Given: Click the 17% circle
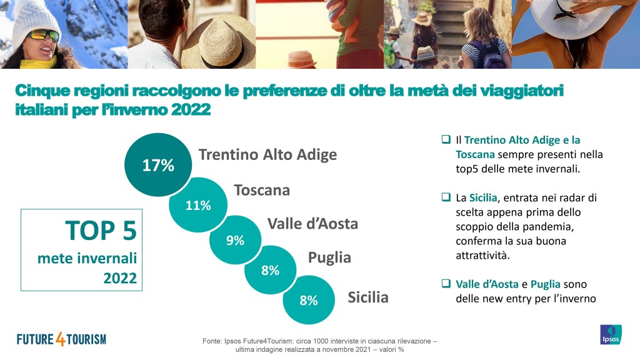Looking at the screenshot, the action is tap(158, 165).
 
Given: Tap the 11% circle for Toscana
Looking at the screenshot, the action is tap(198, 204).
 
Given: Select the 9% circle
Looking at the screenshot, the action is tap(235, 240).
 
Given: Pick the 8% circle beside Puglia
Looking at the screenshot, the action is tap(270, 270).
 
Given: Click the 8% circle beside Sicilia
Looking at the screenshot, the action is tap(309, 300).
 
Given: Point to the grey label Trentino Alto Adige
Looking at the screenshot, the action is tap(267, 155).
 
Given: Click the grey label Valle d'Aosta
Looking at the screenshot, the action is tap(312, 224).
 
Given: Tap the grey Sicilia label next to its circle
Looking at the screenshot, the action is tap(367, 297).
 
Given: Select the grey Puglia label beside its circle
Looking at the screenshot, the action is tap(329, 258).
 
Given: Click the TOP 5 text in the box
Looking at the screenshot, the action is tap(101, 231).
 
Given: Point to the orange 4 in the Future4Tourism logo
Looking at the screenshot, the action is tap(61, 339).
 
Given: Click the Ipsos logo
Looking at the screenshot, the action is tap(611, 335).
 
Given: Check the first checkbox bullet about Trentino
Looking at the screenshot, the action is tap(446, 139).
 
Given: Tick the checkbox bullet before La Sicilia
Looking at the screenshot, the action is tap(446, 197).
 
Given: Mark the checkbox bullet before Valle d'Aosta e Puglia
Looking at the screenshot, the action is tap(446, 283).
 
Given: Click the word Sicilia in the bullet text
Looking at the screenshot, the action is tap(483, 198).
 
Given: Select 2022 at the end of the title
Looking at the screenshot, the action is tap(191, 109).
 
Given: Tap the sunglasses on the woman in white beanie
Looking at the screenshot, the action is tap(44, 36).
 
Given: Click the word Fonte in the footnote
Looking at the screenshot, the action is tap(211, 341).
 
